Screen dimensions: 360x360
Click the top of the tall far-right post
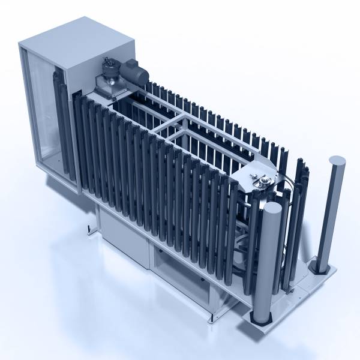coord(337,161)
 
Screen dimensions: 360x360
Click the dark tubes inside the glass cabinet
coord(57,114)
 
